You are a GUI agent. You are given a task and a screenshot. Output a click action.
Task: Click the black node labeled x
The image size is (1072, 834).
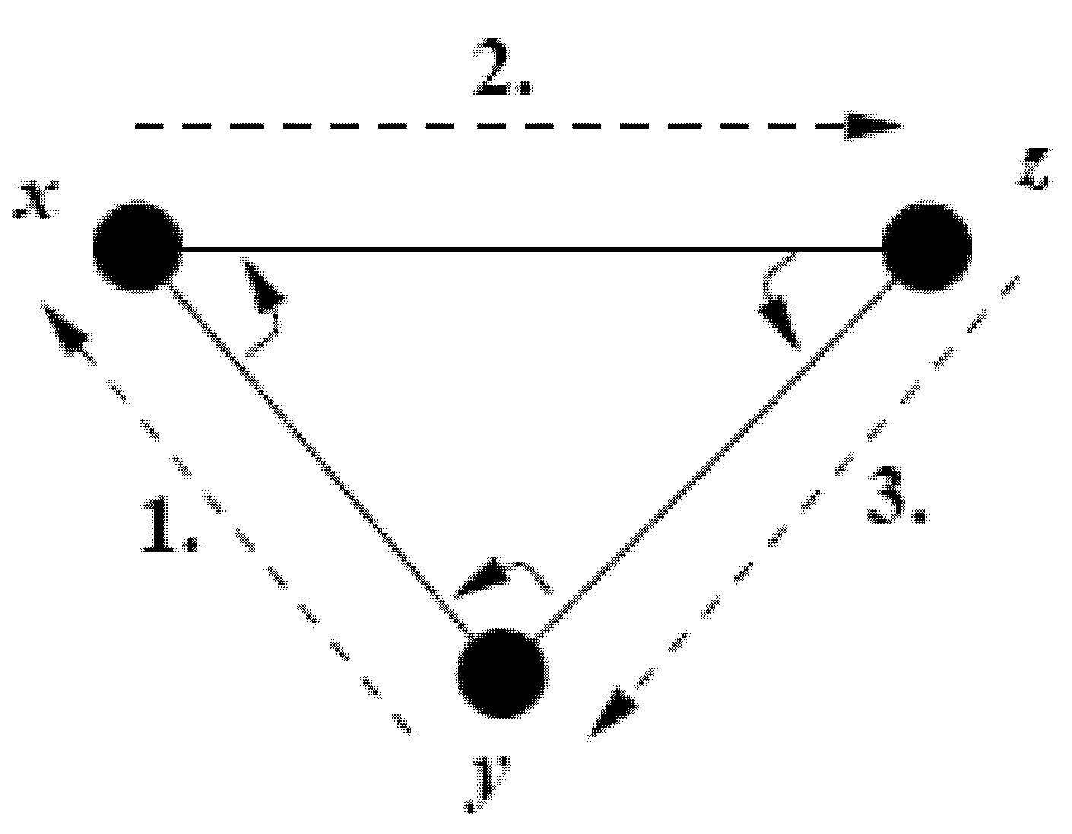tap(138, 247)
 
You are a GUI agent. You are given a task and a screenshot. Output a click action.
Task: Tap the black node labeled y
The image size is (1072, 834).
tap(502, 672)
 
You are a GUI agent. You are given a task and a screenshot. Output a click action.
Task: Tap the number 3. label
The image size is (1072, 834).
tap(897, 498)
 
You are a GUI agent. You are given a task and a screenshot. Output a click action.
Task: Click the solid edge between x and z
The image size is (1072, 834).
tap(532, 248)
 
